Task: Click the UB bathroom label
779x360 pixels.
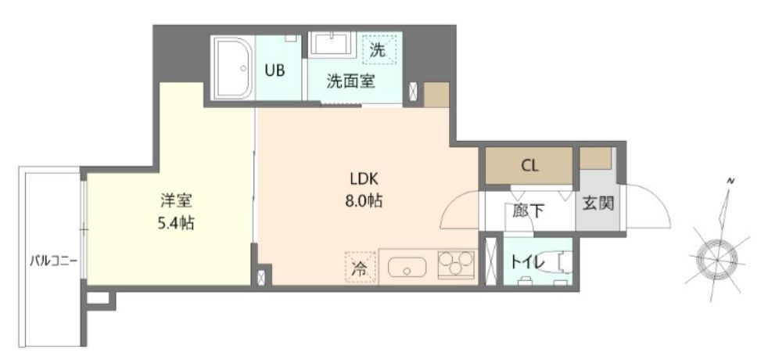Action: (x=274, y=70)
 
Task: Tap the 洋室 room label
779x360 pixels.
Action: (x=174, y=201)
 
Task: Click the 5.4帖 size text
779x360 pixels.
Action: (x=174, y=223)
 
